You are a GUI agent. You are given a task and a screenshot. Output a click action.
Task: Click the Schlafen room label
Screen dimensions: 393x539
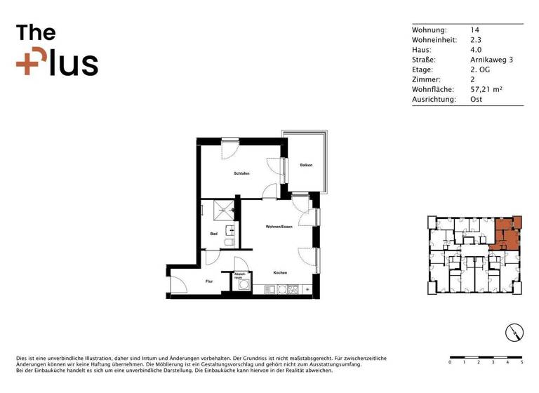pos(242,173)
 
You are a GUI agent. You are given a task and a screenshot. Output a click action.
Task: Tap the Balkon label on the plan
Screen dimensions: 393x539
pos(306,166)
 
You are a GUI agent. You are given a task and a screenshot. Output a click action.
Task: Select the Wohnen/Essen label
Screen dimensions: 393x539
pos(279,227)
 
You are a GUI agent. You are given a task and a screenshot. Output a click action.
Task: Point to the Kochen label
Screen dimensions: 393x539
pos(280,272)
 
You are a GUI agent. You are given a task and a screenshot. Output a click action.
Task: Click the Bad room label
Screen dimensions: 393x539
pos(213,234)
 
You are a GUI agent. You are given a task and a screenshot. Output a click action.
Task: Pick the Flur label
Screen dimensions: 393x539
pos(209,281)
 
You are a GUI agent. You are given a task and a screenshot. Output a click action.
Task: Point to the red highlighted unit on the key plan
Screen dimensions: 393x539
pos(505,233)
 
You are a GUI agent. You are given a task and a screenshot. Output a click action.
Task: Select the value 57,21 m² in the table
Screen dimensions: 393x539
pos(486,90)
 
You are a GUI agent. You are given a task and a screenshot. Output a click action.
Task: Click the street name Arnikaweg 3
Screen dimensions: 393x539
pos(491,60)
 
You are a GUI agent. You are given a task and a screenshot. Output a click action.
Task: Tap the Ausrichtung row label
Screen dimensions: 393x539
pos(434,100)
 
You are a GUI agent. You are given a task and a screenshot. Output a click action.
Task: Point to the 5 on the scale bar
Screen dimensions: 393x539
pos(521,363)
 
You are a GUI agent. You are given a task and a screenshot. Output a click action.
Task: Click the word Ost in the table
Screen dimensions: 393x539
pos(476,100)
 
